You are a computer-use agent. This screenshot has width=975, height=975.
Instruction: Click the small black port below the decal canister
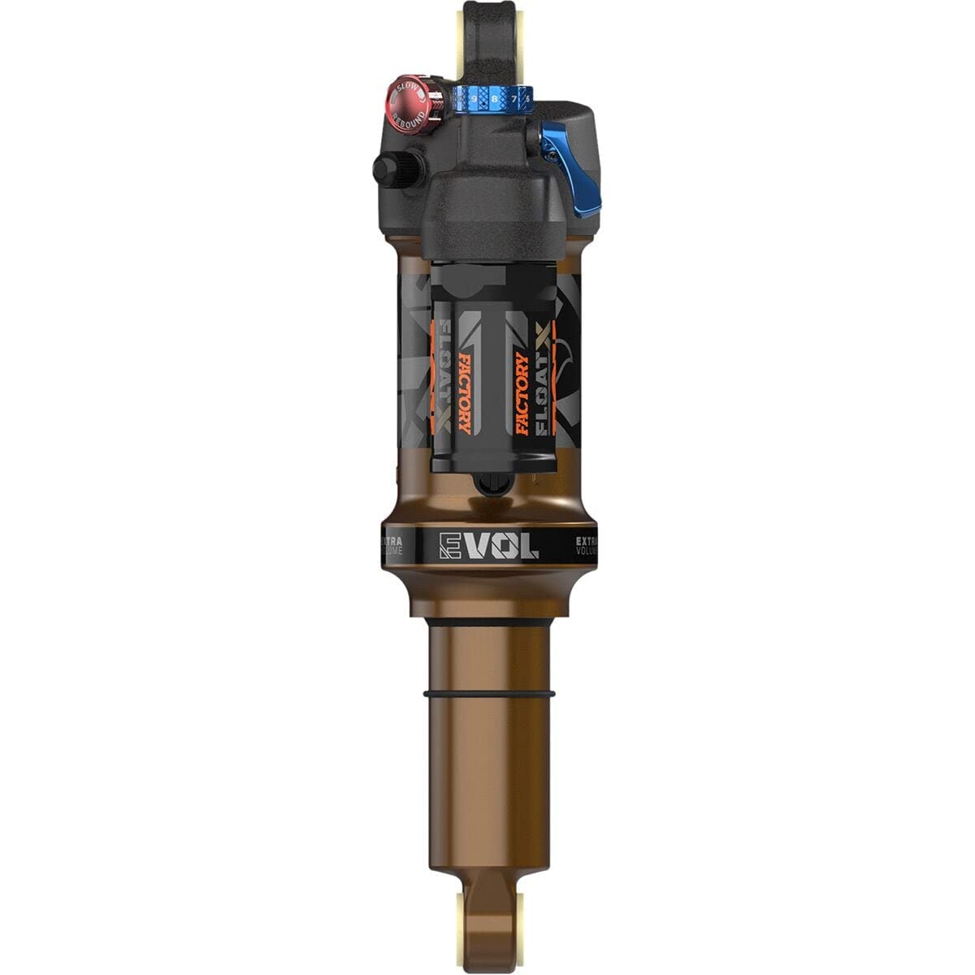click(487, 485)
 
